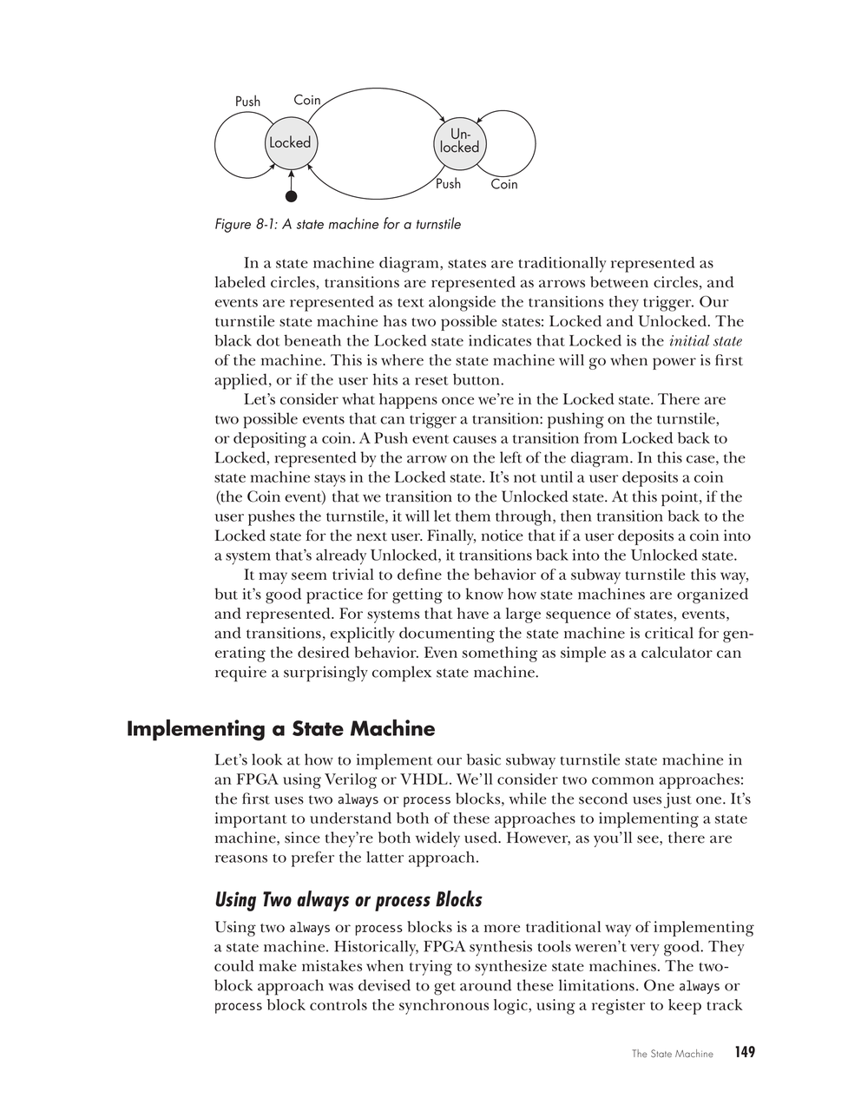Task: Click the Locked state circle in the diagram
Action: click(290, 143)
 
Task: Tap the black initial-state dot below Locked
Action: click(292, 196)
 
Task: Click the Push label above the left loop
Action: click(247, 102)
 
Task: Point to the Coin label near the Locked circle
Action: click(307, 100)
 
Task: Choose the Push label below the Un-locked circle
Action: click(448, 184)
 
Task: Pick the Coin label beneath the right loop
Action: click(503, 184)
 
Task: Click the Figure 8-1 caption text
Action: click(338, 225)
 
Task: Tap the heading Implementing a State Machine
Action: click(280, 728)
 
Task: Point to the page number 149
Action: click(744, 1052)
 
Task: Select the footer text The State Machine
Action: click(672, 1054)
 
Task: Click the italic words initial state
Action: click(706, 341)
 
